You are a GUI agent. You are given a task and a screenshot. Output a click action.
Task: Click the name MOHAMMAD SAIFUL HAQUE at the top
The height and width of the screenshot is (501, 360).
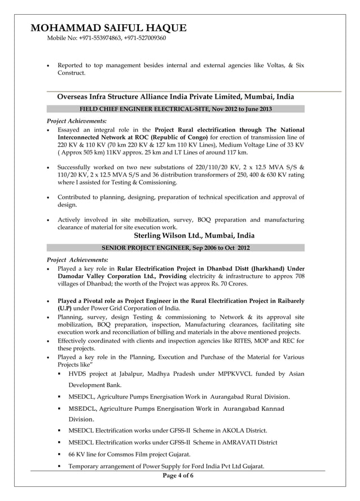pyautogui.click(x=108, y=28)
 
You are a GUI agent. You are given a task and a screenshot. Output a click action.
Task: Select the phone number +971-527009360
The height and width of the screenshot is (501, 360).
pyautogui.click(x=145, y=38)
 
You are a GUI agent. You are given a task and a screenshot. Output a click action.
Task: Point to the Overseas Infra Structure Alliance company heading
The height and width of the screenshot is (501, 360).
pyautogui.click(x=175, y=96)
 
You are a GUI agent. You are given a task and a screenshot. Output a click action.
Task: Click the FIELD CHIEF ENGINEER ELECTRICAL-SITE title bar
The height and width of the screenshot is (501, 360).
pyautogui.click(x=175, y=109)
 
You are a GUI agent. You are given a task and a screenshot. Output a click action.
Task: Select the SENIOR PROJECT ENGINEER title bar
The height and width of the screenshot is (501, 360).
pyautogui.click(x=175, y=248)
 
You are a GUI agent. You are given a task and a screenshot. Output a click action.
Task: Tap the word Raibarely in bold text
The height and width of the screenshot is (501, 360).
pyautogui.click(x=287, y=301)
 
